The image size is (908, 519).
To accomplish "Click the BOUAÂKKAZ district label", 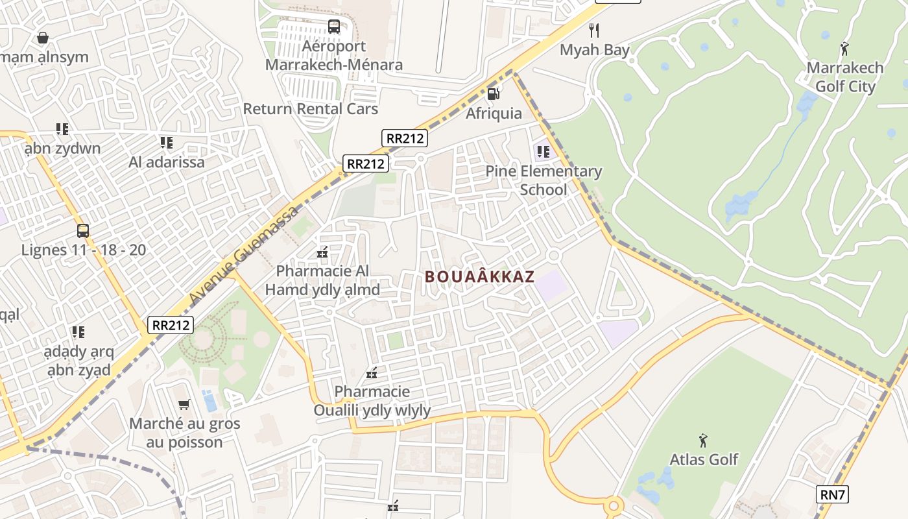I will pos(479,277).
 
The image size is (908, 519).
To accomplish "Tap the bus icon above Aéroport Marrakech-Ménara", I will pos(334,27).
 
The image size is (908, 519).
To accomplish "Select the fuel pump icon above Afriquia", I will pos(494,93).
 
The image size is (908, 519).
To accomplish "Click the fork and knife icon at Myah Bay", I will pos(593,30).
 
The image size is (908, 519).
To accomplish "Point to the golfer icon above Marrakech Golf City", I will pos(844,49).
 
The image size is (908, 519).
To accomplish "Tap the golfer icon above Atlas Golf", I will pos(703,441).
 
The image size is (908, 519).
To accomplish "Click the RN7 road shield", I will pos(832,495).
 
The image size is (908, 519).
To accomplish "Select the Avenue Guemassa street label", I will pos(245,254).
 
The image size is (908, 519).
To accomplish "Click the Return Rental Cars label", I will pos(310,108).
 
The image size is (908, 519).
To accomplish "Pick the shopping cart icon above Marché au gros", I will pos(184,404).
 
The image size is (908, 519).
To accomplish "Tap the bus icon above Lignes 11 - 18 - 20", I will pos(83,230).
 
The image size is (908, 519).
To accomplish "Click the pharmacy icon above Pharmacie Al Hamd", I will pos(322,252).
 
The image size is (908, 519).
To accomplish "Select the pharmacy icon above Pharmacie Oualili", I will pos(372,372).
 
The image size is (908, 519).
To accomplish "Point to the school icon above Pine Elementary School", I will pos(543,152).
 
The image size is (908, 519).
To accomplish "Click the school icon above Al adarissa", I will pos(166,142).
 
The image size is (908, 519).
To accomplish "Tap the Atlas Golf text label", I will pos(704,459).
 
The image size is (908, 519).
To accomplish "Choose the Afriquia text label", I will pos(494,113).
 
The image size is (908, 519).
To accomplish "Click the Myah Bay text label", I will pos(595,50).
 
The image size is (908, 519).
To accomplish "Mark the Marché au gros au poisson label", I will pos(184,433).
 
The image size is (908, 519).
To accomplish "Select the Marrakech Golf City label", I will pos(845,77).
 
